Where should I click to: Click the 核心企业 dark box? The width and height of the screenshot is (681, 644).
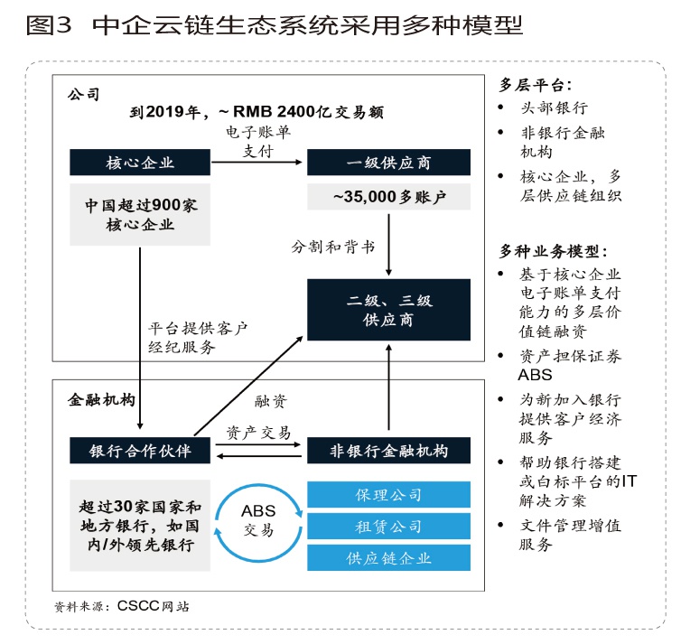tap(140, 163)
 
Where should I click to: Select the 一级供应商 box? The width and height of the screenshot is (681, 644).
tap(388, 163)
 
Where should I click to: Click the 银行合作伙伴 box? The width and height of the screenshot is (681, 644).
tap(140, 450)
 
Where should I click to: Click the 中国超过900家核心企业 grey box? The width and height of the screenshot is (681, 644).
tap(140, 215)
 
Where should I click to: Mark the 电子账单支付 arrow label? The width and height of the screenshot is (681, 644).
tap(258, 142)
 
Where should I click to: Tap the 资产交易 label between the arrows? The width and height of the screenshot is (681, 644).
tap(258, 433)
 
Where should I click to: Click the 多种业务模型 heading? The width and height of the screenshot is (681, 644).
tap(553, 250)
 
